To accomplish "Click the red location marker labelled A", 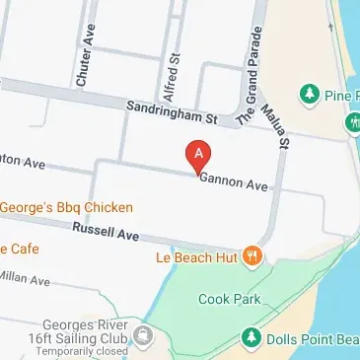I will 198,156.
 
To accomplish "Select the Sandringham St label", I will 170,113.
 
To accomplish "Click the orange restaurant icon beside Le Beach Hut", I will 253,257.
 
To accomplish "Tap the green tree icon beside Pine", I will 311,94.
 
